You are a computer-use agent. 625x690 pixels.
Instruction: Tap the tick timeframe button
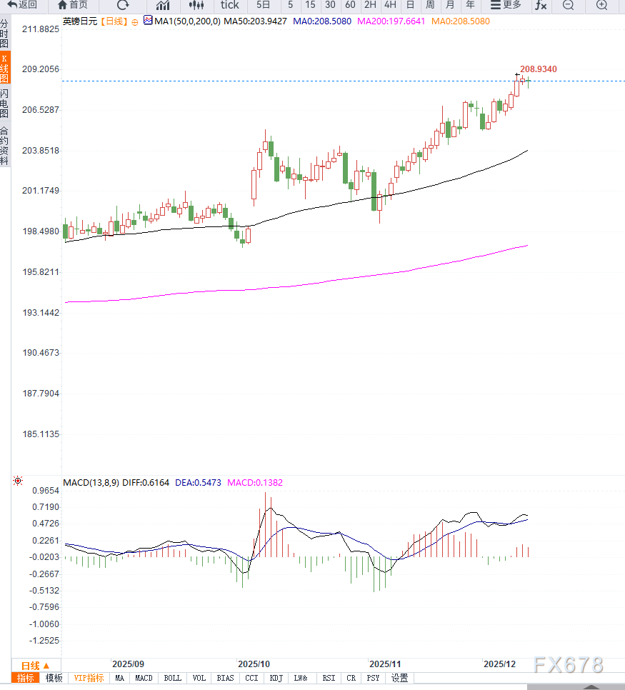click(x=229, y=5)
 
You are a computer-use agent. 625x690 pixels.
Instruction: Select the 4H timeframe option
click(x=390, y=5)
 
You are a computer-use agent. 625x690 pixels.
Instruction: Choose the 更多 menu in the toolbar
click(x=506, y=5)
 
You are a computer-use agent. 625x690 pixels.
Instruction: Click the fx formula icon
click(x=541, y=5)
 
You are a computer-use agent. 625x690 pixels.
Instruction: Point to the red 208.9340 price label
click(x=538, y=69)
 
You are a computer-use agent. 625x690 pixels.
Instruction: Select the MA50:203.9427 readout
click(x=255, y=21)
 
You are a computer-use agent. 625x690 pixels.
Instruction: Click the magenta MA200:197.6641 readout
click(x=391, y=21)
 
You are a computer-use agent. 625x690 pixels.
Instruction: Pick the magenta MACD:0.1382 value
click(x=255, y=482)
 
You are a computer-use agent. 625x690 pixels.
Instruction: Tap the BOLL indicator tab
click(x=172, y=678)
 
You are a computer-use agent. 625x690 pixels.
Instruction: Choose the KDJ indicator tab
click(x=276, y=678)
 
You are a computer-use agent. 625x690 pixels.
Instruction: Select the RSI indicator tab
click(x=329, y=678)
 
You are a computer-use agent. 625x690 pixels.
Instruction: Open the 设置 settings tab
click(x=399, y=678)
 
